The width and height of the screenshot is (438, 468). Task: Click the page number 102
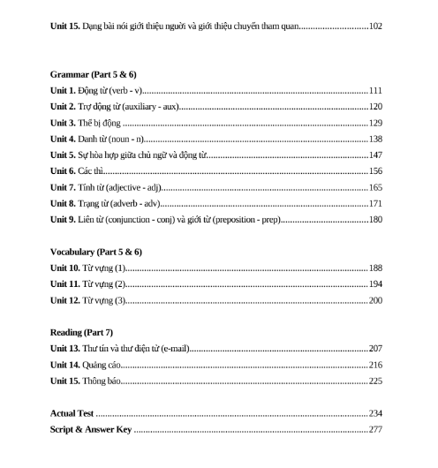(x=375, y=26)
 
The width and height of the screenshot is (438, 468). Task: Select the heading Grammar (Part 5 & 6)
(x=94, y=73)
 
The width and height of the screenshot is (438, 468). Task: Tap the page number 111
(x=375, y=91)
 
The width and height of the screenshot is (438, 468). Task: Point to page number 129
(x=375, y=123)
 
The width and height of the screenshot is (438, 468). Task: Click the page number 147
(x=375, y=155)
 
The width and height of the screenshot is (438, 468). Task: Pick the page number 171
(x=375, y=203)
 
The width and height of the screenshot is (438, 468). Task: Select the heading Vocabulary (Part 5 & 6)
(x=96, y=252)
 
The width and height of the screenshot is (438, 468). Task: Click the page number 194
(x=375, y=283)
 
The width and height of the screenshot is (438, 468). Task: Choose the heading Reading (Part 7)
(x=81, y=333)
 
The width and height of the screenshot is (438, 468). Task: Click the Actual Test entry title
(x=72, y=413)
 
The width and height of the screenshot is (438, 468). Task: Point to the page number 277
(x=375, y=429)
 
